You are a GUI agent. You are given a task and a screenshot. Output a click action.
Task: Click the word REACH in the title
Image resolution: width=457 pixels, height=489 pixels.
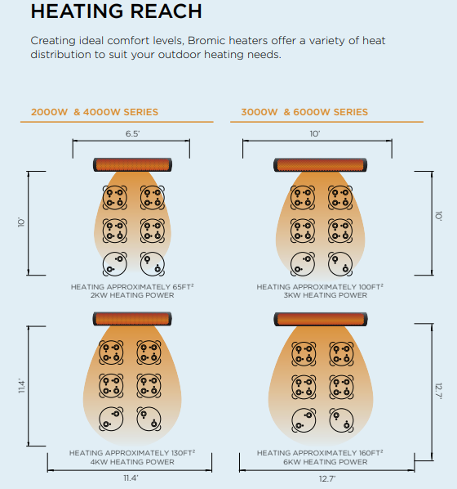point(166,11)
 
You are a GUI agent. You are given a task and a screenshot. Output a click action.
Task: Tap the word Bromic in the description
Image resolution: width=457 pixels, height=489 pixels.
point(206,41)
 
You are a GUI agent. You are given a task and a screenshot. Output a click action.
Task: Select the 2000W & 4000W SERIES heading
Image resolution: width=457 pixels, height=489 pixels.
point(95,112)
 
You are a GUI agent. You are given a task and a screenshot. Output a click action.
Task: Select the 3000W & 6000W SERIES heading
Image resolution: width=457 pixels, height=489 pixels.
point(304,112)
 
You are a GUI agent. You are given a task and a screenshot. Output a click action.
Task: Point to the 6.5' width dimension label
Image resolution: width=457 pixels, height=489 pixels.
point(133,134)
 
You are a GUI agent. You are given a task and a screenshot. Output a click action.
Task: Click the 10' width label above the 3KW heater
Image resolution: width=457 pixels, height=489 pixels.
point(315,134)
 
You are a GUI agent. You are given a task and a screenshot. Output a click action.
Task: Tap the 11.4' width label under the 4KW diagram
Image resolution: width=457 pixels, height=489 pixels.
point(131,478)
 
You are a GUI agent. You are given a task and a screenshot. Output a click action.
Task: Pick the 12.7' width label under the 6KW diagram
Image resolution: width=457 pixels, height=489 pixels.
point(327,478)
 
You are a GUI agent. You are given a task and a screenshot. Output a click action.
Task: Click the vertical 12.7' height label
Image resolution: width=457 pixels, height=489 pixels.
point(438,391)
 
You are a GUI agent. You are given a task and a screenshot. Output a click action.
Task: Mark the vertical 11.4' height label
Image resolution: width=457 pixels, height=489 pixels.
point(21,386)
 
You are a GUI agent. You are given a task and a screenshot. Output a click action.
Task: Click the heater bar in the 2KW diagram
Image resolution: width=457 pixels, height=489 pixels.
point(133,164)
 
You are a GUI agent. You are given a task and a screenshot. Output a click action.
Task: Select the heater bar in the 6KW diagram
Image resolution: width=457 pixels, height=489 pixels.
point(321,320)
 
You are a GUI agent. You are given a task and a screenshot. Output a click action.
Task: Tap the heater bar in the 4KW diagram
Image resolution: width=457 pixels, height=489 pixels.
point(132,319)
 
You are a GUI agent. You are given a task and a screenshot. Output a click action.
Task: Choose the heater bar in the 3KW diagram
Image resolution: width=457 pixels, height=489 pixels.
point(321,165)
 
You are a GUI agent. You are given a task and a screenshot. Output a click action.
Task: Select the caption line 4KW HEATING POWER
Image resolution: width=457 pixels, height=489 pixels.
point(132,462)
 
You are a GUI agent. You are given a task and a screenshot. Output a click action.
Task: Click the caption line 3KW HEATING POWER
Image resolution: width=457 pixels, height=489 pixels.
point(326,295)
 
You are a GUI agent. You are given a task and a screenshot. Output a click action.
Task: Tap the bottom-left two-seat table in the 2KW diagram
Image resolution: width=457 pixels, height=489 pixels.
point(115,264)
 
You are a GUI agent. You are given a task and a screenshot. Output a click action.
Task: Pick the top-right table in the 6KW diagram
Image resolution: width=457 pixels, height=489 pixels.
point(341,354)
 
